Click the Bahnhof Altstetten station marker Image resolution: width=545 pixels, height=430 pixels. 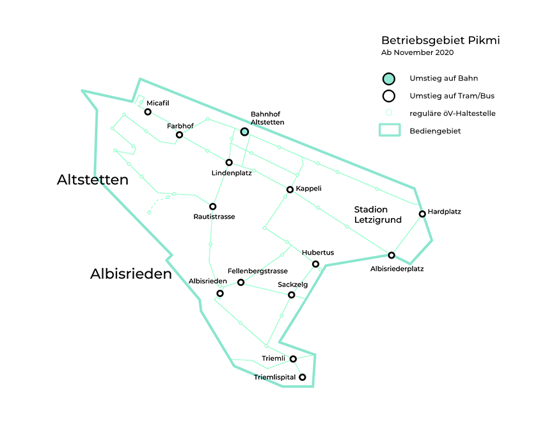(x=244, y=132)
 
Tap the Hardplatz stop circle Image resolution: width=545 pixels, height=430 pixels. (x=422, y=214)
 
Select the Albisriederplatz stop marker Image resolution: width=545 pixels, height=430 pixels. (x=391, y=255)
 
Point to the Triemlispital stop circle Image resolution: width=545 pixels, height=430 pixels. (x=303, y=378)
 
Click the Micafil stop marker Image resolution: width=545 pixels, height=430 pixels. (x=148, y=112)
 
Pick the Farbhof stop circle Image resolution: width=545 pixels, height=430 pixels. (x=180, y=135)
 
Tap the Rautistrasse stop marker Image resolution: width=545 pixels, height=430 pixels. (x=213, y=207)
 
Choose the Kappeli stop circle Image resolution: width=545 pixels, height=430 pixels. (x=290, y=189)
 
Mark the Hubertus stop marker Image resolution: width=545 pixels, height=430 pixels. (x=315, y=264)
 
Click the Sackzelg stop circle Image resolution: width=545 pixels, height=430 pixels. (x=292, y=295)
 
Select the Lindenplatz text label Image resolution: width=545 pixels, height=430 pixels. (x=232, y=173)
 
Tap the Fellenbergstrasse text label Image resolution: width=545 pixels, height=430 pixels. (x=258, y=271)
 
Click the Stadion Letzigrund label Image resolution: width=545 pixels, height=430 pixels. (x=377, y=214)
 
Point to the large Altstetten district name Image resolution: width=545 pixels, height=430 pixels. (x=93, y=180)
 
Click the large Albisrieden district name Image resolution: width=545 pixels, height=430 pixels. (x=131, y=275)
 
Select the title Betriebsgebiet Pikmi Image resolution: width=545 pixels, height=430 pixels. (x=441, y=40)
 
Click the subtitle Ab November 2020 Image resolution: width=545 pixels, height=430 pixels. (x=418, y=52)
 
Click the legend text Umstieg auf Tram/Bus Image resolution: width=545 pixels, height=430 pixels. (x=452, y=97)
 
